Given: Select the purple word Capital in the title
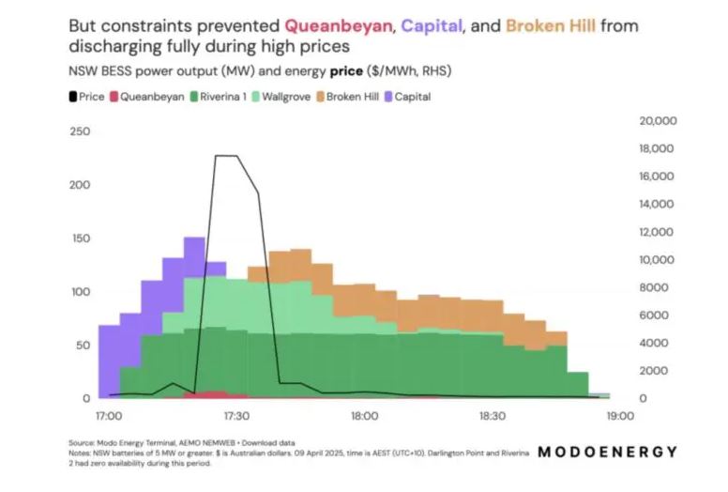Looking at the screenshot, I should click(x=430, y=25).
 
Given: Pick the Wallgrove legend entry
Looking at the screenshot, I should click(x=289, y=96).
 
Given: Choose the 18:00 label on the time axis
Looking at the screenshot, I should click(x=364, y=415).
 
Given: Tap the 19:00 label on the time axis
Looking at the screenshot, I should click(x=620, y=415).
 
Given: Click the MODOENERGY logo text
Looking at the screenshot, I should click(x=607, y=452).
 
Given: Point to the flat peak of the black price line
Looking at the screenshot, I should click(x=226, y=156).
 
